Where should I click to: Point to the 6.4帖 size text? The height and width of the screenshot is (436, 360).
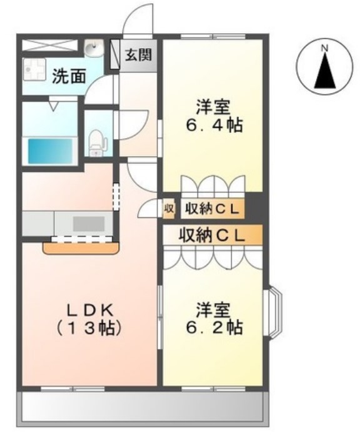[x=212, y=125]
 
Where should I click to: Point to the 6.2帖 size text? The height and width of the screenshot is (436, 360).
[x=213, y=327]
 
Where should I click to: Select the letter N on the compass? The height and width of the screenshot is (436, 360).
[x=324, y=47]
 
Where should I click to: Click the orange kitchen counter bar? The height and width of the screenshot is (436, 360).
[x=81, y=247]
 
